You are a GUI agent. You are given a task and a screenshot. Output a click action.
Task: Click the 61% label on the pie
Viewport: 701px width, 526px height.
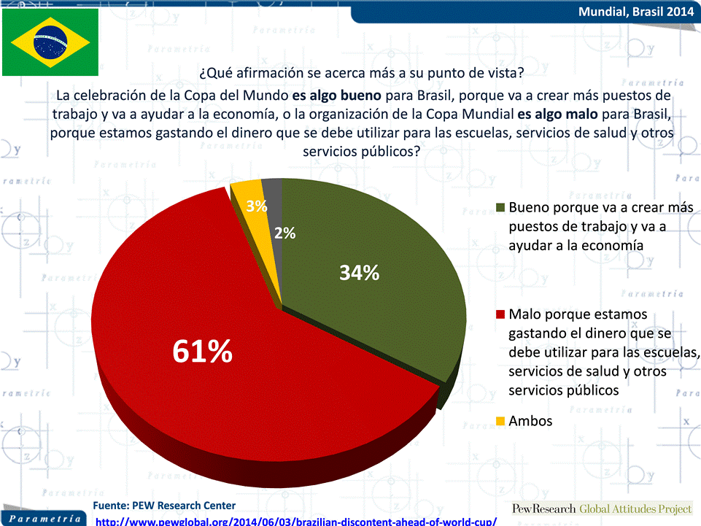203,351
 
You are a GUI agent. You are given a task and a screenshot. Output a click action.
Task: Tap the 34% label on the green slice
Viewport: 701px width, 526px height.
360,272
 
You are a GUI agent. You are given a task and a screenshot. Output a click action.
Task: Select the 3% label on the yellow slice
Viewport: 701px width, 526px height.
257,206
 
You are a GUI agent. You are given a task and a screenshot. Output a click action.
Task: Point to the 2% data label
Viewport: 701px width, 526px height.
284,233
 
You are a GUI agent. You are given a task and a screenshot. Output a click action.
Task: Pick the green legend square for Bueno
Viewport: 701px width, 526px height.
500,207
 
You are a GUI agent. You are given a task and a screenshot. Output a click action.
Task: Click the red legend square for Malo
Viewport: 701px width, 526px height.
500,314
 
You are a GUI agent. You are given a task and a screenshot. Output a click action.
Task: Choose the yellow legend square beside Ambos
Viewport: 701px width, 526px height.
500,421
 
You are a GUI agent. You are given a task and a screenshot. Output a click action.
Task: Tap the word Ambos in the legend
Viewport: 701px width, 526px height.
530,421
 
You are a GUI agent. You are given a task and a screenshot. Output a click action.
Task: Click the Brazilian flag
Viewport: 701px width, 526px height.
50,42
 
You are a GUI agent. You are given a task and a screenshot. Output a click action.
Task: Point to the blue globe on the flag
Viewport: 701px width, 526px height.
50,42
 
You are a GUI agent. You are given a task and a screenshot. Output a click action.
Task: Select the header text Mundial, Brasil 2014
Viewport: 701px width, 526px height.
636,12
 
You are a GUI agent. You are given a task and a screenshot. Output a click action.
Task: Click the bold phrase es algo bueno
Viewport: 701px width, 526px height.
337,96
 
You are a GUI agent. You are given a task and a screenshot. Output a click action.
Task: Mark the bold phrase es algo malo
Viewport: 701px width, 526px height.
557,114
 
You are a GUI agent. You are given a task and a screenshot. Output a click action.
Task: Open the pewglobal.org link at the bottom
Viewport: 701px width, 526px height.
296,522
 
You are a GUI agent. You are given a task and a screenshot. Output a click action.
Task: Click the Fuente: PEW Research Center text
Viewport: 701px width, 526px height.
164,506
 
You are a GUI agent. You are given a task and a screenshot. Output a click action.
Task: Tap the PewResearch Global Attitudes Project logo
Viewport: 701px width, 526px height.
602,509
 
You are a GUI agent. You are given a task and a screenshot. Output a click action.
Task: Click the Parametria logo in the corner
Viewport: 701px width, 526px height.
44,519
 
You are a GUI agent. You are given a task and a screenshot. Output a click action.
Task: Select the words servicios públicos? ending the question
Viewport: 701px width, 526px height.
361,152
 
